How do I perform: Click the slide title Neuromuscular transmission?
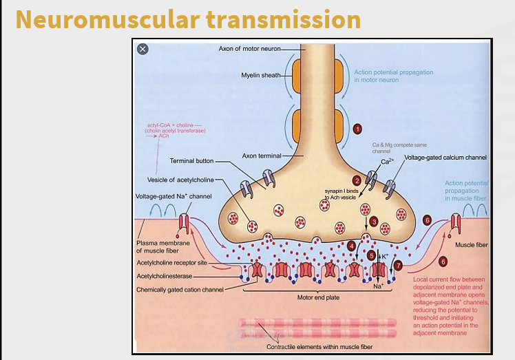coord(188,19)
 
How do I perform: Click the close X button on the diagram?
coord(143,49)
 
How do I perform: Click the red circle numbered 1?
coord(357,129)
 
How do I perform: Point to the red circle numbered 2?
coord(357,180)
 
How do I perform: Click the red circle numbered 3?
coord(373,222)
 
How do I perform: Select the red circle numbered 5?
coord(372,255)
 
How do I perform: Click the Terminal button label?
coord(191,161)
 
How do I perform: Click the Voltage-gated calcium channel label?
coord(445,158)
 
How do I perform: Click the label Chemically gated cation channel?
coord(180,290)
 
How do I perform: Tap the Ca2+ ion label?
coord(387,162)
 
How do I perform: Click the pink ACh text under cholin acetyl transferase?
coord(163,136)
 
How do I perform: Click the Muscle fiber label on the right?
coord(472,244)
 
